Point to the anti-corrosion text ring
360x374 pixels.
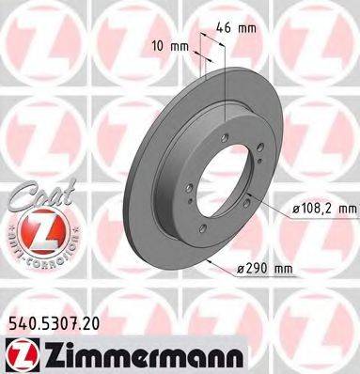click(38, 248)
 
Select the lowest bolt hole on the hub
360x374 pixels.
click(202, 228)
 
